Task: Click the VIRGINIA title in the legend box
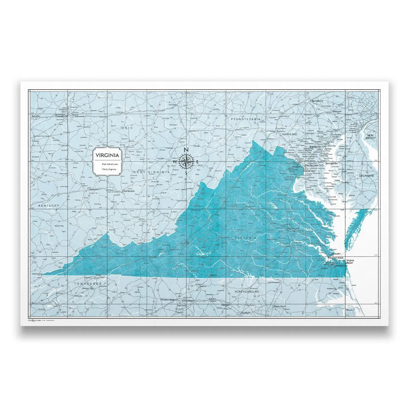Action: click(x=107, y=155)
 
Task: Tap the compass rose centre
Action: click(x=186, y=161)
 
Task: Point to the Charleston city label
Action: click(x=128, y=191)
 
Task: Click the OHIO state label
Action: click(x=126, y=128)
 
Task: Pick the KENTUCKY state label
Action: click(x=49, y=206)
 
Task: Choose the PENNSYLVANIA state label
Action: click(x=246, y=119)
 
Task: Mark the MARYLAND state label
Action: click(x=289, y=134)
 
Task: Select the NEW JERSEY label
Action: click(x=370, y=137)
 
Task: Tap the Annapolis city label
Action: click(x=331, y=164)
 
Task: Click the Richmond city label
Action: click(x=293, y=229)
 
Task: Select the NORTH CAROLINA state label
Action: click(x=247, y=292)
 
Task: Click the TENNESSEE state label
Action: click(x=88, y=283)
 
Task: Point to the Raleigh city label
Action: click(x=245, y=312)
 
